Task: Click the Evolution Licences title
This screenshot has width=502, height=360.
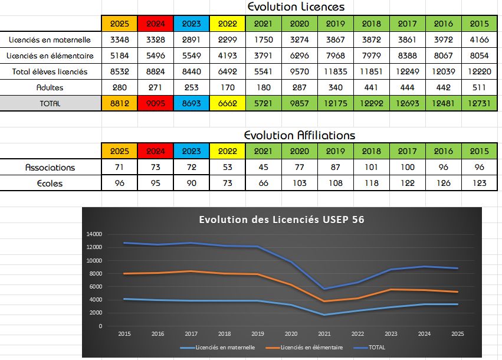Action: point(296,7)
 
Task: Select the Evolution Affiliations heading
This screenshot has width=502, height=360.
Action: point(299,135)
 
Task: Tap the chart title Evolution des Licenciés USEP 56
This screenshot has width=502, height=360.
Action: point(281,220)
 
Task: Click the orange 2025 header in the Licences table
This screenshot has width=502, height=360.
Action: point(119,24)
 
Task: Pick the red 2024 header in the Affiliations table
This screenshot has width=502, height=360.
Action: point(155,151)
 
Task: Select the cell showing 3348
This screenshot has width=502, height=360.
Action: point(119,40)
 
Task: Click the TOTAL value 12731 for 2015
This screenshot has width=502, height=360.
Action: point(479,103)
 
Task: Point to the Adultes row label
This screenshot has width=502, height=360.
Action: point(50,87)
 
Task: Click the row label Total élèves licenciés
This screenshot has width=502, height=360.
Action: point(50,71)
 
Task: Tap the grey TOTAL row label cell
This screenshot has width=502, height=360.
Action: point(50,103)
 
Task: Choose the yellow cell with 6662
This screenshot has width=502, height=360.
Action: point(227,103)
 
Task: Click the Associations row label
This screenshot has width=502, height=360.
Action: point(50,167)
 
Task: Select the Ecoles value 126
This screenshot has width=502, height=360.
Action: point(443,183)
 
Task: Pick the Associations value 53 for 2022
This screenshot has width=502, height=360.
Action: point(227,167)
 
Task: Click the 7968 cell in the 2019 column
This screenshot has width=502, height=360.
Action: point(335,55)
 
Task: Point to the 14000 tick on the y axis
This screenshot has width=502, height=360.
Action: point(94,234)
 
